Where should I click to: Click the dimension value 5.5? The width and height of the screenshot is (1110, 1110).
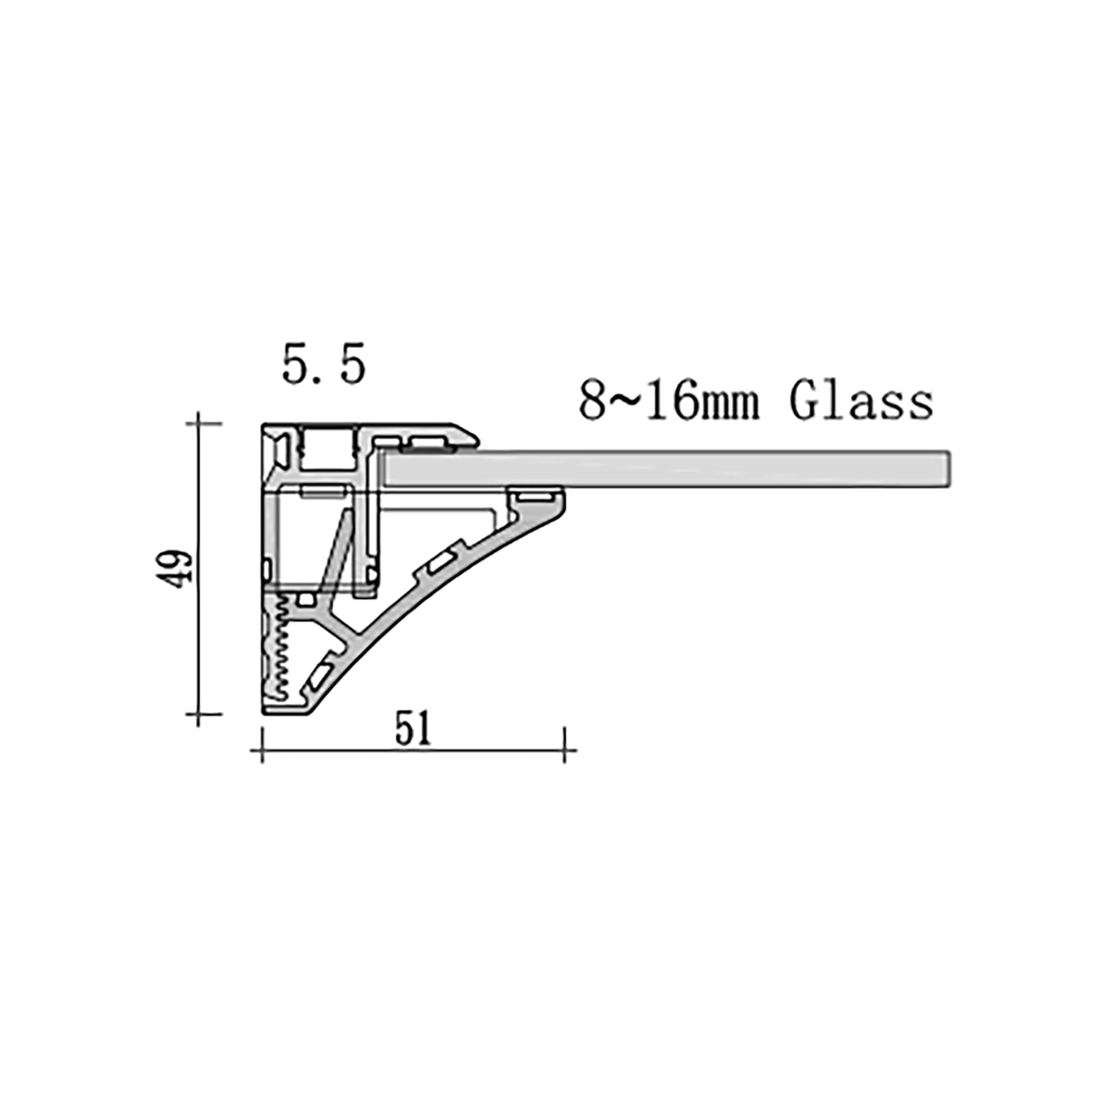(323, 366)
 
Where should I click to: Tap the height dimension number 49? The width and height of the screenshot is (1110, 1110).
(175, 566)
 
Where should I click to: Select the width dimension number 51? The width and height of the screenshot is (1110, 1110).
(413, 730)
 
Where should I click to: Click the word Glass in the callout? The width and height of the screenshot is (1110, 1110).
(860, 401)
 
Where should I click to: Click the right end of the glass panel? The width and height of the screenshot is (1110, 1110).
(949, 469)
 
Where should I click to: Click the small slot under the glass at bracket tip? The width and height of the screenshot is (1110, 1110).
(534, 498)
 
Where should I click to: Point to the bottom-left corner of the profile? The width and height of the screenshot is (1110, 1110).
(266, 712)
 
